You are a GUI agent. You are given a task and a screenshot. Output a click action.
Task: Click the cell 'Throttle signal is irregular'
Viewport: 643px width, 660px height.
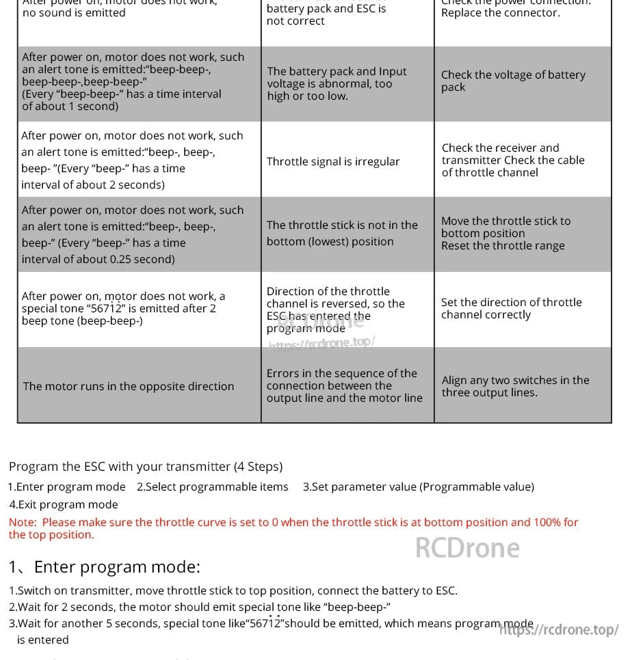pos(333,161)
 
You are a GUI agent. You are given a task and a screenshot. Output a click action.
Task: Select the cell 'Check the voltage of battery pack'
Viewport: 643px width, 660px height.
pos(513,81)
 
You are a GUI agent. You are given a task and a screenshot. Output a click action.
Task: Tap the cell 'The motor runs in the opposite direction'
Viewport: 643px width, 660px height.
pos(129,386)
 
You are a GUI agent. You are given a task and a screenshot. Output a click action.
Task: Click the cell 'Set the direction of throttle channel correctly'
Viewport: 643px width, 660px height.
pos(511,308)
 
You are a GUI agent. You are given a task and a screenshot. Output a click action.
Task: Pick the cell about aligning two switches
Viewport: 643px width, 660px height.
pos(515,386)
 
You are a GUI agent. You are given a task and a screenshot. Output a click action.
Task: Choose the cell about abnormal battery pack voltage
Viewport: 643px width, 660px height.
pos(337,83)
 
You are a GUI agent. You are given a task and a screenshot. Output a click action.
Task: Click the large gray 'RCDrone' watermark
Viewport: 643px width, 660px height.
pos(467,548)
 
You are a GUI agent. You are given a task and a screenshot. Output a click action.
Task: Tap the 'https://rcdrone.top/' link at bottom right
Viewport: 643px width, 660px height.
pos(559,629)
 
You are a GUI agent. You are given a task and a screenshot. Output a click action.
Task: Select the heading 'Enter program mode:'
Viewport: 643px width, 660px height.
pos(116,566)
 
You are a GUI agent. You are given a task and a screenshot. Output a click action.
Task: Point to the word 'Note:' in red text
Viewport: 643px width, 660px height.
pos(23,522)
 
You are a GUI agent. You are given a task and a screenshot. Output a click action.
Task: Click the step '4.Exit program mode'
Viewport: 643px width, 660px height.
pos(64,504)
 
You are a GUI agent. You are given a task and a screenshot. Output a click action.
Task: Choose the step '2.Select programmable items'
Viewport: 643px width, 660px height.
pos(212,486)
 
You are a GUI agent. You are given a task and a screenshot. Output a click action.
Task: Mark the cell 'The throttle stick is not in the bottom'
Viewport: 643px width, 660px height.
pos(341,233)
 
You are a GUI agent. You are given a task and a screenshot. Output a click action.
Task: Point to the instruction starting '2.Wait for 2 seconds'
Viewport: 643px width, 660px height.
pos(200,607)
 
